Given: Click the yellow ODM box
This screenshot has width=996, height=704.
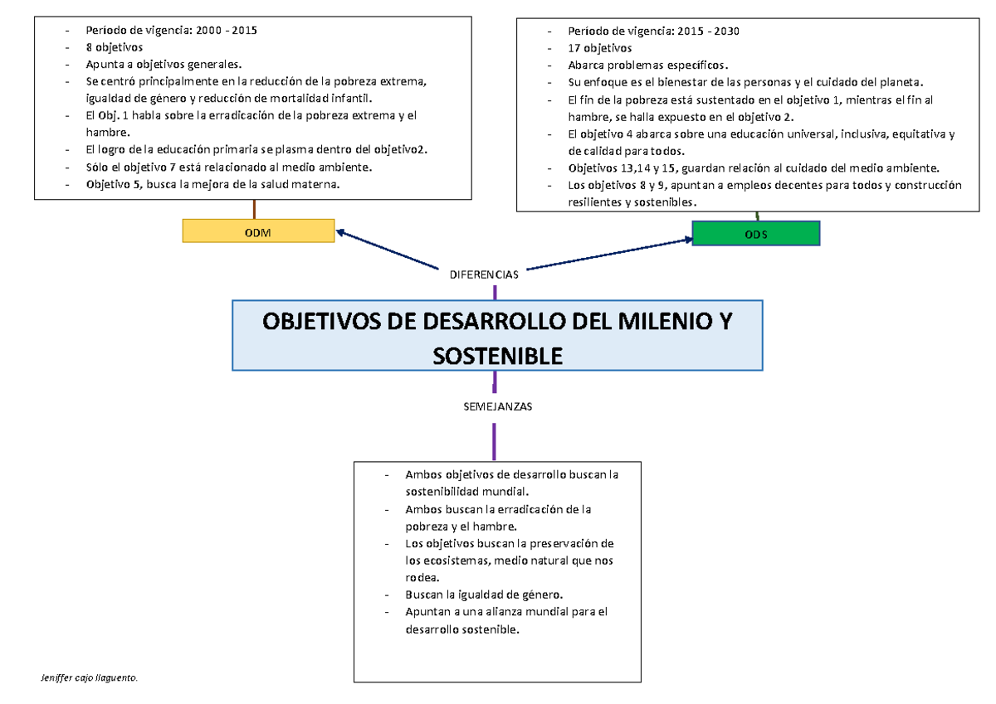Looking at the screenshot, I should coord(258,231).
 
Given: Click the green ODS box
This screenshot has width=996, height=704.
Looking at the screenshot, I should coord(755,233).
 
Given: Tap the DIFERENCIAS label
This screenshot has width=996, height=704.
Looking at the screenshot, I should coord(483,274).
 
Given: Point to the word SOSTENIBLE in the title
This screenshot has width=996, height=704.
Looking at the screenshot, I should coord(497,356).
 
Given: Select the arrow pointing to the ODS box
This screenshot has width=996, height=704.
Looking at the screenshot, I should coord(610,254).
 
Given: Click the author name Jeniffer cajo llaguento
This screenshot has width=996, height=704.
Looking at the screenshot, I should coord(90,678).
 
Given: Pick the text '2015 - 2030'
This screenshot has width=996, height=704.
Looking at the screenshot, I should coord(706,31).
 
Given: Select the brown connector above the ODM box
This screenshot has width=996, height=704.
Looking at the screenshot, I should coord(254,209).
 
